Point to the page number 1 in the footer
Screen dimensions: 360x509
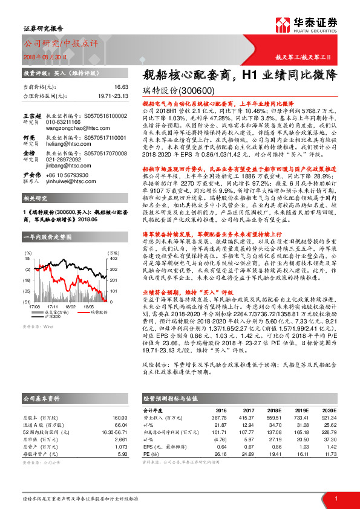point(336,498)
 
